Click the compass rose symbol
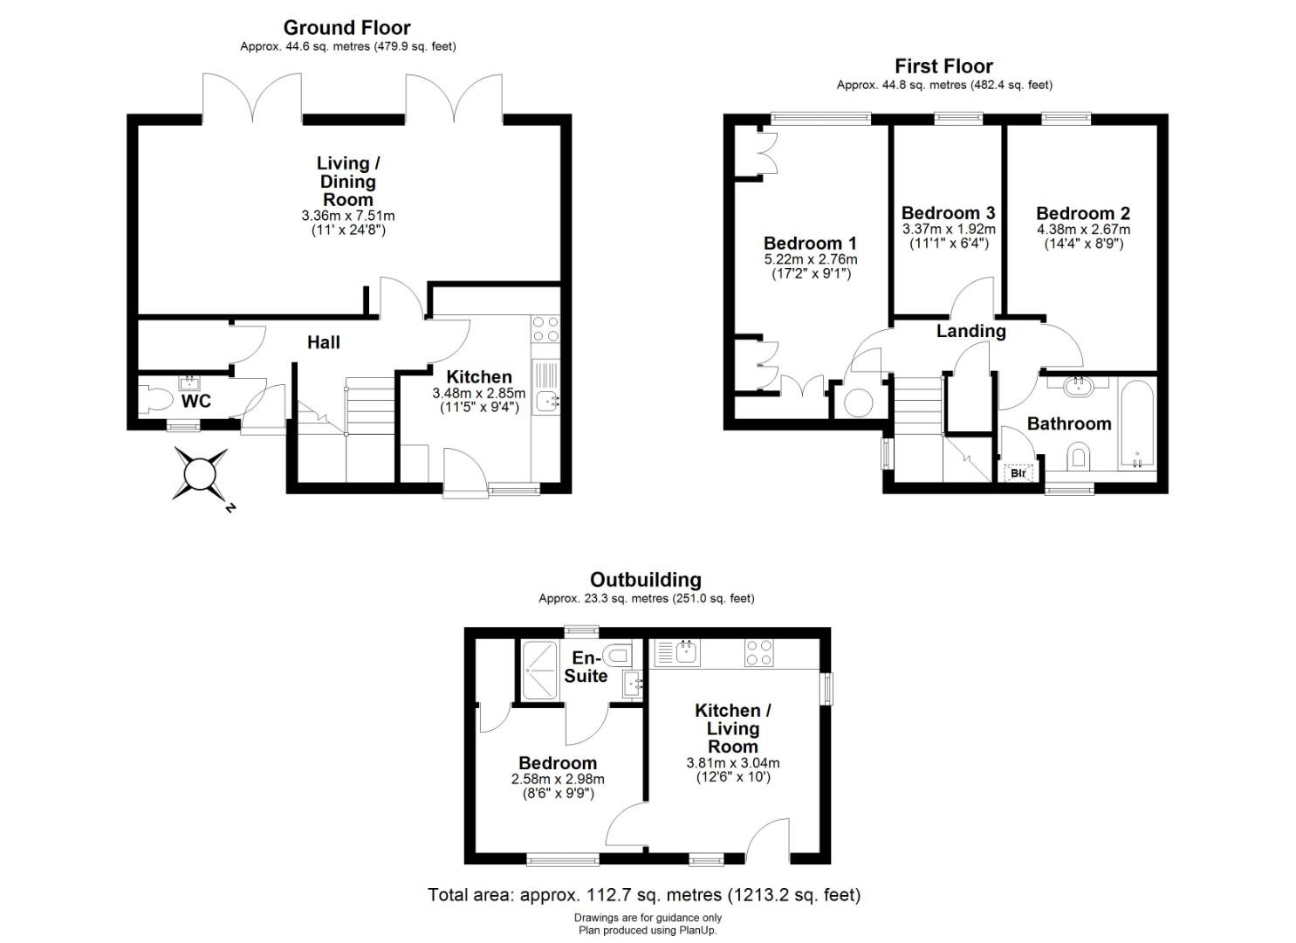click(200, 473)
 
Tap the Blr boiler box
click(1018, 473)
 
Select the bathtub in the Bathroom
click(1137, 423)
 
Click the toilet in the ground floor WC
click(155, 401)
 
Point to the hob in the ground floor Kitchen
click(545, 329)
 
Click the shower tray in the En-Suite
click(540, 670)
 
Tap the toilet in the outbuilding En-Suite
click(616, 655)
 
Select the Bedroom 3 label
click(949, 212)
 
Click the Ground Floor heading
click(347, 27)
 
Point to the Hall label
click(324, 342)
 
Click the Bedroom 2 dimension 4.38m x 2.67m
click(1083, 230)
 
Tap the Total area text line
click(644, 895)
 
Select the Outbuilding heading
click(646, 580)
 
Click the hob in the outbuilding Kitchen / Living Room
click(758, 653)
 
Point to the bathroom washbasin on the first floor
click(1078, 386)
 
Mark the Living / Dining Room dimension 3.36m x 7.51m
click(348, 216)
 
